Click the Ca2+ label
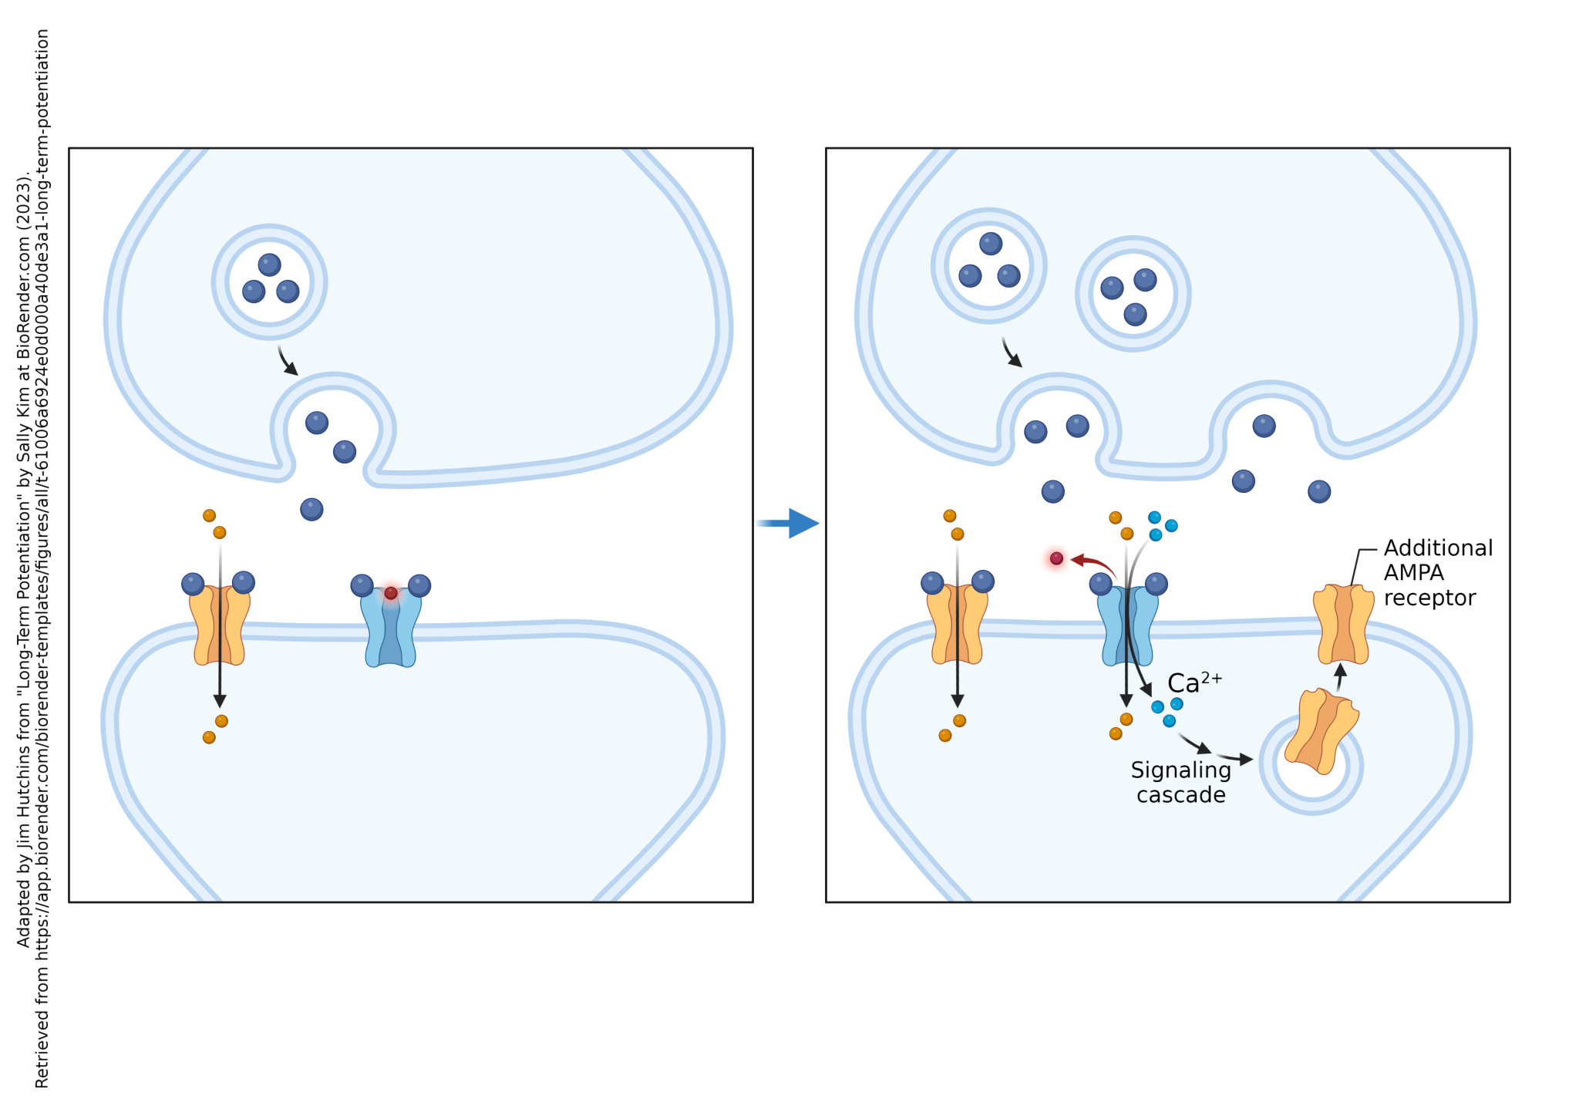coord(1194,683)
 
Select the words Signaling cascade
coord(1180,782)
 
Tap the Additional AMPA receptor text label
coord(1437,572)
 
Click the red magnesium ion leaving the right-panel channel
coord(1056,558)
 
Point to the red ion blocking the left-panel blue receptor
coord(391,593)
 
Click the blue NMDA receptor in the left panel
coord(391,629)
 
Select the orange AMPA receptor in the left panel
coord(220,625)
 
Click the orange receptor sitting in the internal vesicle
coord(1321,731)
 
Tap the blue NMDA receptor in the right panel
coord(1127,626)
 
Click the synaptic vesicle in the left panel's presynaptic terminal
coord(269,282)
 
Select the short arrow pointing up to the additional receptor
coord(1341,676)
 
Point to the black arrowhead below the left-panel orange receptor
coord(220,700)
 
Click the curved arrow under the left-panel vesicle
coord(287,361)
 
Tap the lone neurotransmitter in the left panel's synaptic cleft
coord(311,509)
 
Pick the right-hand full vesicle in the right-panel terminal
coord(1133,294)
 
